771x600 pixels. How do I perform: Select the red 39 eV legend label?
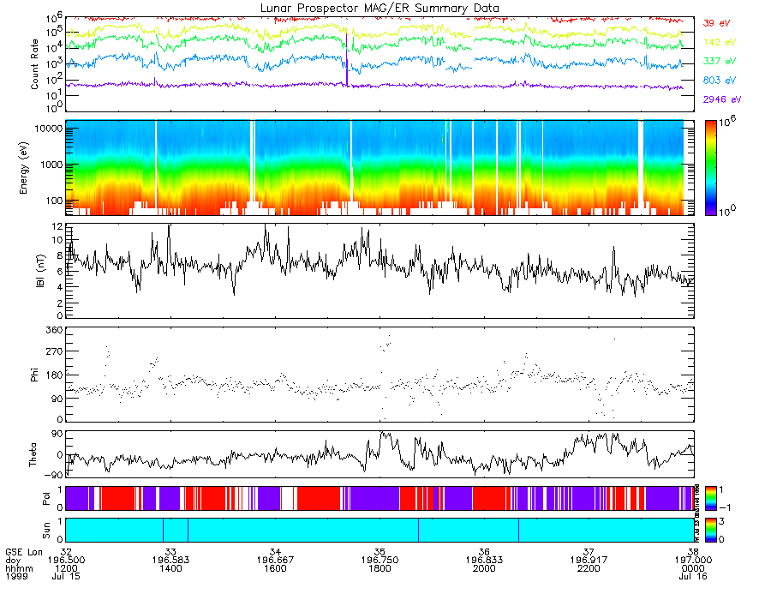pyautogui.click(x=715, y=23)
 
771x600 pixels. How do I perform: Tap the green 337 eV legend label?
pyautogui.click(x=718, y=62)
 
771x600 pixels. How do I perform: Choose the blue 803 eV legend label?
pyautogui.click(x=718, y=81)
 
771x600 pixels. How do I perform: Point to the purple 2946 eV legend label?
pyautogui.click(x=720, y=99)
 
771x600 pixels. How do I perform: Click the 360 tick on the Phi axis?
pyautogui.click(x=54, y=330)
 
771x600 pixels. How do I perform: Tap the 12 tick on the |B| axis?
pyautogui.click(x=57, y=226)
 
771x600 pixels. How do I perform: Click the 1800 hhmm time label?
pyautogui.click(x=380, y=568)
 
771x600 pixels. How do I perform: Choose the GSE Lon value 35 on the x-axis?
pyautogui.click(x=380, y=551)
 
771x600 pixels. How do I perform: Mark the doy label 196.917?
pyautogui.click(x=589, y=560)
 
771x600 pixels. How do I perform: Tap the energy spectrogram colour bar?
pyautogui.click(x=714, y=167)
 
